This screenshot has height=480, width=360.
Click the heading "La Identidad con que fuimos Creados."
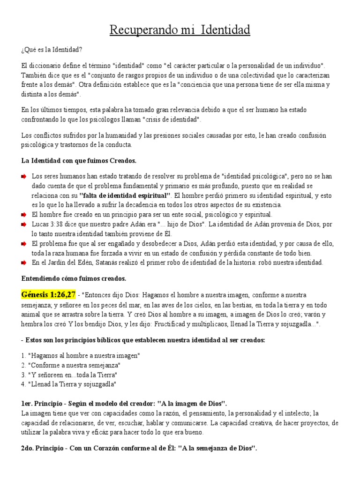tap(79, 161)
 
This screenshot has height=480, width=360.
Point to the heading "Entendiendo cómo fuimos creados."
tap(74, 278)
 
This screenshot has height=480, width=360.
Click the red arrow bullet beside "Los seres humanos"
tap(24, 177)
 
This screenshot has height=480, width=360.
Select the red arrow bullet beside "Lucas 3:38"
tap(24, 225)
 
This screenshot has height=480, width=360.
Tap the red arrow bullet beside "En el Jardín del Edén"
tap(24, 262)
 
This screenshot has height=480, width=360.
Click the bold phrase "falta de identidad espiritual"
tap(125, 195)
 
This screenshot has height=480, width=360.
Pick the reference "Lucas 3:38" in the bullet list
tap(48, 225)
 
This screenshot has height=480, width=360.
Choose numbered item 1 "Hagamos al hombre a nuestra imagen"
tap(81, 355)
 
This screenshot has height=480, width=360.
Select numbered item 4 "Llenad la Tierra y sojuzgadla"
tap(68, 384)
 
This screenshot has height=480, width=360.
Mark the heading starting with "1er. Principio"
tap(124, 404)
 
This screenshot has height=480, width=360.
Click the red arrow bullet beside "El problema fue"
tap(24, 244)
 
